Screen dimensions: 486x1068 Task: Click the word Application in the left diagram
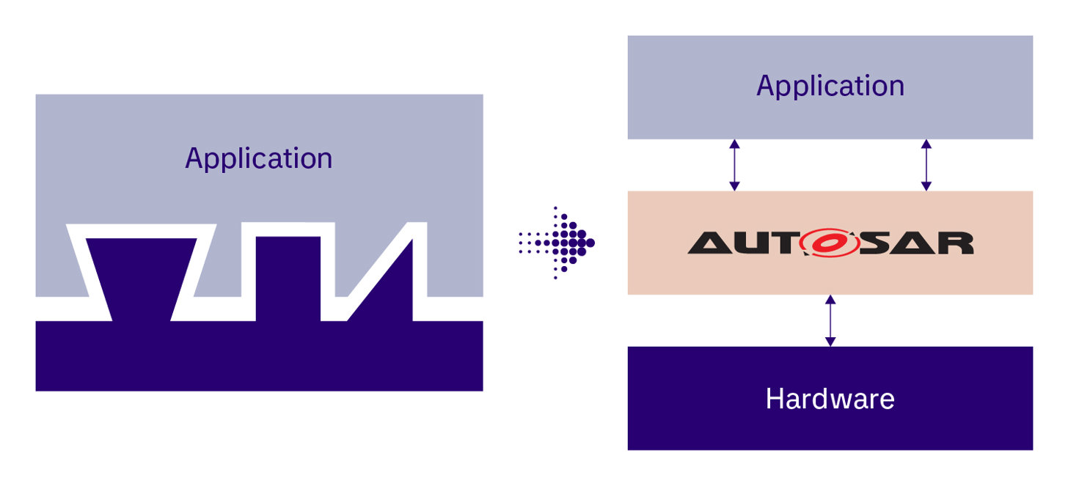[258, 159]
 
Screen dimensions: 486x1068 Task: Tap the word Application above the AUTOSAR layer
[830, 86]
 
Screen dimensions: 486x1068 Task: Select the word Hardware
[830, 399]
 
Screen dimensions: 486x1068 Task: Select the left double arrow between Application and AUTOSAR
[734, 165]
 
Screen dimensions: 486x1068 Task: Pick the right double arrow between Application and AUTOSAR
[926, 165]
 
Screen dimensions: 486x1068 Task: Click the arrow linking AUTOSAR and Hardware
[830, 320]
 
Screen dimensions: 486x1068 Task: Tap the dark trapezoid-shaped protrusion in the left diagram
[142, 279]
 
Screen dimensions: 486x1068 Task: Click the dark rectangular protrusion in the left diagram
[288, 279]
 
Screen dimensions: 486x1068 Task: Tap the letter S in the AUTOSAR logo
[873, 243]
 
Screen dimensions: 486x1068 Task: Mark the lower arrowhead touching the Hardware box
[830, 341]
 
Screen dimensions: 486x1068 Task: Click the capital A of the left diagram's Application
[194, 159]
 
